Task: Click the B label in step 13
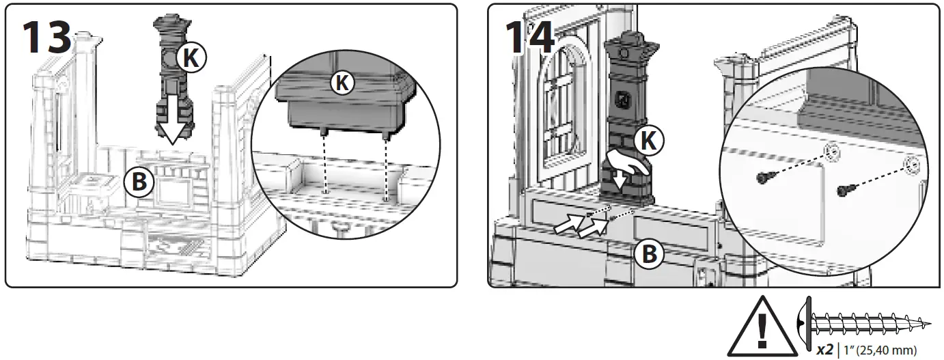click(x=139, y=182)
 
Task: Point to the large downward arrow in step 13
click(x=172, y=123)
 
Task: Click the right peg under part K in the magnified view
click(x=387, y=137)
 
